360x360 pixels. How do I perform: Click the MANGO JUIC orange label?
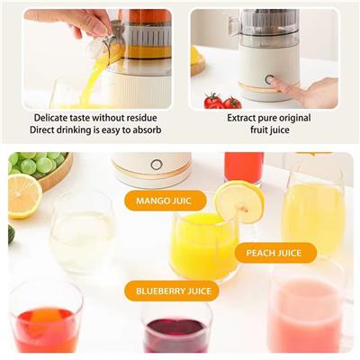166,201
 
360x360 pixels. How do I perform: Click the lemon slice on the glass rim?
239,202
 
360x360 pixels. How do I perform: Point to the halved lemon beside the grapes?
24,196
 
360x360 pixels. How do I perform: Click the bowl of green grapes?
39,169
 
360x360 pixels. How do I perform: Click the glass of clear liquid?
82,232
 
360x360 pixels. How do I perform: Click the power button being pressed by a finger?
269,80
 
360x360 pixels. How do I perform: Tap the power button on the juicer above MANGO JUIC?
157,165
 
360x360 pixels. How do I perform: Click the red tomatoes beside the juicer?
222,101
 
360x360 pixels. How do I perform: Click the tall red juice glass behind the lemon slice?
244,167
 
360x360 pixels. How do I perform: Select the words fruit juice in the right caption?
270,130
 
